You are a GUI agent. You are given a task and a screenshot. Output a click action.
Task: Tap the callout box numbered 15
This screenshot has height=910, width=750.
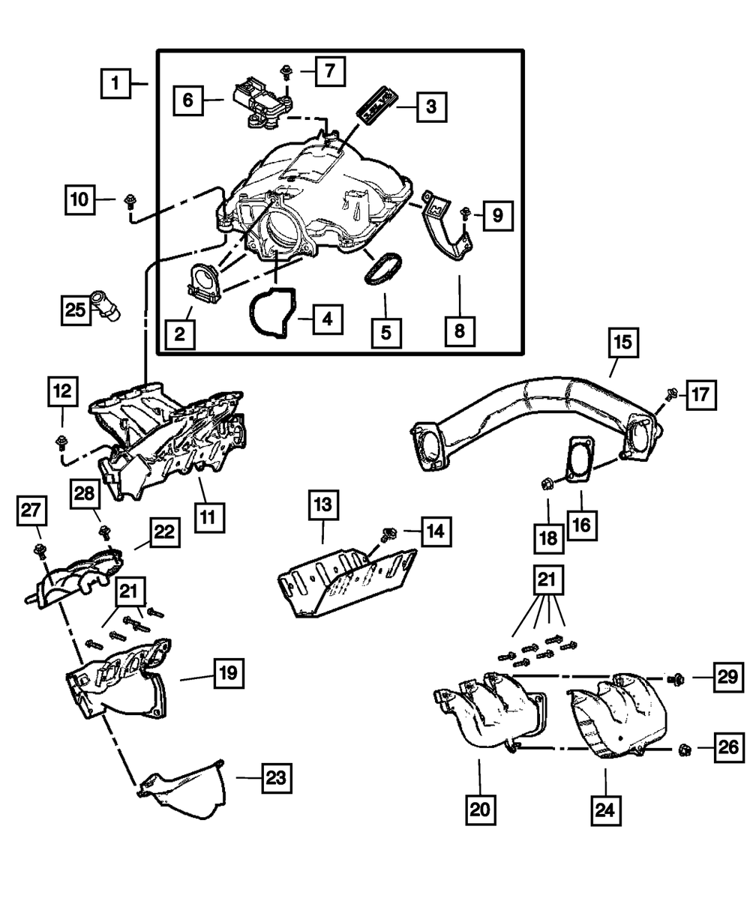(623, 344)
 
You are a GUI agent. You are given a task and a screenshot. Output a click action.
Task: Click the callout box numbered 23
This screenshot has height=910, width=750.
(275, 778)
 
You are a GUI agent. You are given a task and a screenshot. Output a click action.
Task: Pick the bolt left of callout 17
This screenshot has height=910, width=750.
(672, 394)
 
